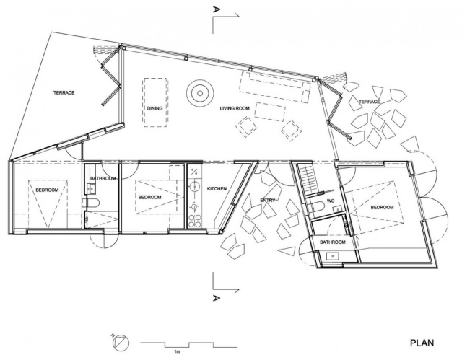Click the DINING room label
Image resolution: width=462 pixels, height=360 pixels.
pos(154,108)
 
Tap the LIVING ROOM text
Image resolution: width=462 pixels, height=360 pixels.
pos(235,108)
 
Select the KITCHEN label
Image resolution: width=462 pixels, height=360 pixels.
pos(217,189)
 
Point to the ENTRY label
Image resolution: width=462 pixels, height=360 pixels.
pos(268,200)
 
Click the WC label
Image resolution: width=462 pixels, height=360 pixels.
pos(331,201)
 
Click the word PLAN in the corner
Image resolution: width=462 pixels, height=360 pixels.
pos(422,343)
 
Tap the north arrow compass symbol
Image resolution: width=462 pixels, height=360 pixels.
pos(121,343)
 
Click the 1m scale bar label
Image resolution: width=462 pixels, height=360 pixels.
pos(177,351)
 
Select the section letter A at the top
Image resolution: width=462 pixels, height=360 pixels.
pos(216,10)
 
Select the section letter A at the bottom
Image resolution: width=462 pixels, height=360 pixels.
pos(216,298)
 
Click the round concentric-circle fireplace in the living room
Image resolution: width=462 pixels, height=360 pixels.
pos(200,93)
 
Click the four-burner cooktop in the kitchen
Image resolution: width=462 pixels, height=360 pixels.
pos(194,221)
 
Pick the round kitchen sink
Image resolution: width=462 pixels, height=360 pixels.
pos(195,187)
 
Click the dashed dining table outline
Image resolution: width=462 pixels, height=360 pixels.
pos(155,102)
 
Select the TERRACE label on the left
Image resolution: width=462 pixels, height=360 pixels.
pos(64,93)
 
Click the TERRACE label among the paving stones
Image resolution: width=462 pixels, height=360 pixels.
pos(369,102)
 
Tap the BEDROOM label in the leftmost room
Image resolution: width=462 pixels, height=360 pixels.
pos(47,190)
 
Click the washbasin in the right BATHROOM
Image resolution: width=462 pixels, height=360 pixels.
pos(334,256)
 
